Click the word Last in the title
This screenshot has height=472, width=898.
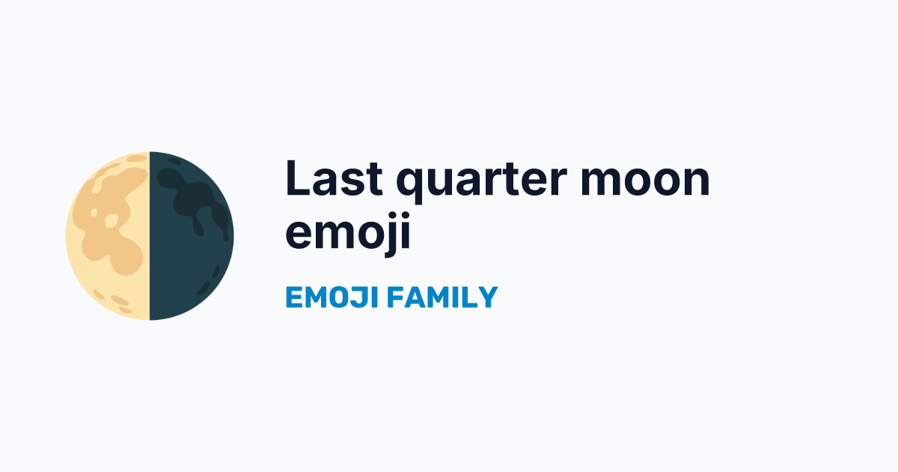334,178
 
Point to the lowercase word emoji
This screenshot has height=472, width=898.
348,234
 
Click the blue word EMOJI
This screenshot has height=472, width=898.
332,297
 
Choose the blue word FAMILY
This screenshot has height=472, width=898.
442,297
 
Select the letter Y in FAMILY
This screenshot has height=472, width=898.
488,297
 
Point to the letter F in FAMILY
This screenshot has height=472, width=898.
396,297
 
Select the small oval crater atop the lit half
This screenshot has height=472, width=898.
137,158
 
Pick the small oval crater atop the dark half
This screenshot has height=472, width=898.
174,161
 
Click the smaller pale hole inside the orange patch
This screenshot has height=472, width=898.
94,212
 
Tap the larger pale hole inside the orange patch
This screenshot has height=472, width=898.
112,221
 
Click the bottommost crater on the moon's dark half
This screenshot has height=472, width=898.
204,288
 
